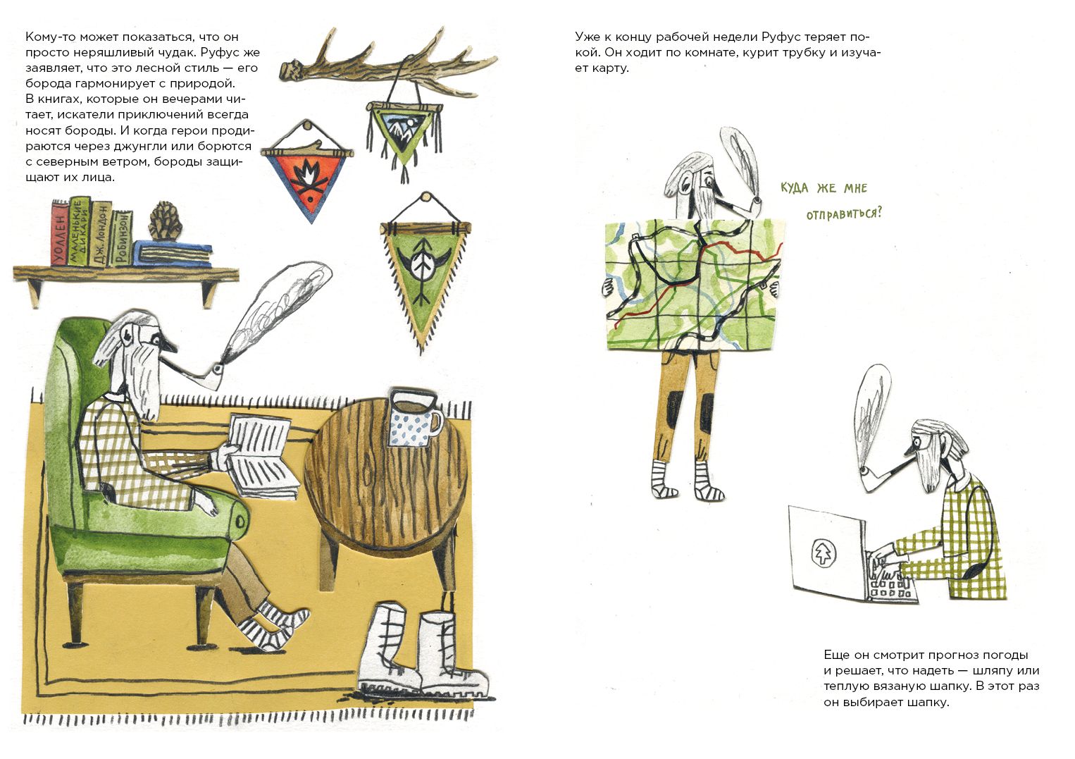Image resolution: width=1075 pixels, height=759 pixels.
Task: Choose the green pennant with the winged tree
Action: [424, 278]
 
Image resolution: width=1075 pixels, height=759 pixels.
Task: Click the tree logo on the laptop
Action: [824, 553]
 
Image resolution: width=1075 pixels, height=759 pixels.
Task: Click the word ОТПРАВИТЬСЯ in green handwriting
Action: [844, 214]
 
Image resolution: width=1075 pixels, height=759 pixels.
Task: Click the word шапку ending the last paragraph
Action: [927, 703]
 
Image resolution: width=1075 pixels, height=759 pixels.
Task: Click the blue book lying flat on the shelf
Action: [173, 253]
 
